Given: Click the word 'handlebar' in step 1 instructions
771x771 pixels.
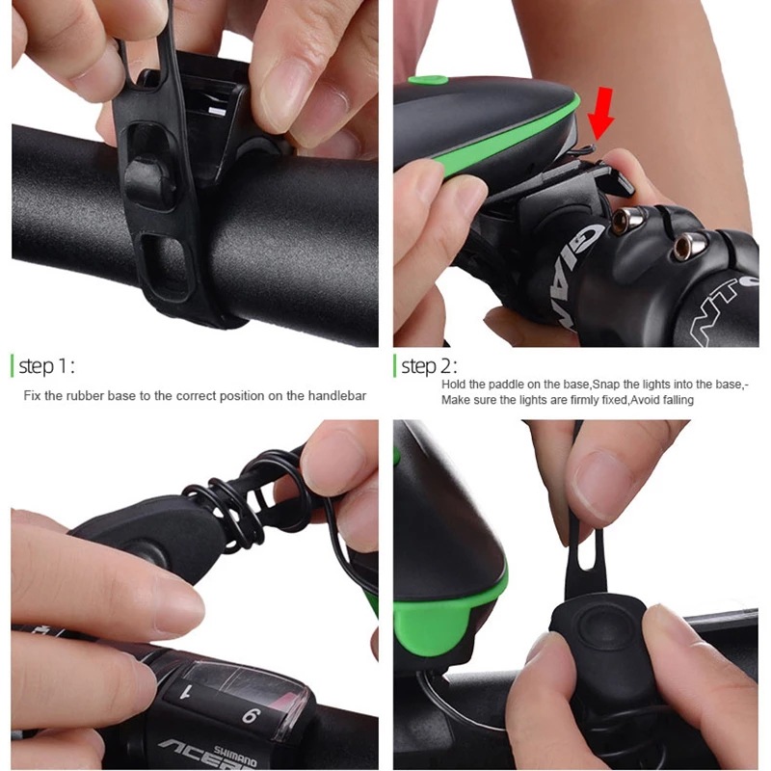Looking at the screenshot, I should point(335,396).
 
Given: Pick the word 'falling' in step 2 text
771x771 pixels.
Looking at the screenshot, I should point(674,400).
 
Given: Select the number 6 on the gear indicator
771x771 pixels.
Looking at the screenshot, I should point(248,715).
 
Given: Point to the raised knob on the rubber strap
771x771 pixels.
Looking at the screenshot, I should point(146,180).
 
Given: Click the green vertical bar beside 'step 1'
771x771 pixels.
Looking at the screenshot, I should point(13,366).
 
